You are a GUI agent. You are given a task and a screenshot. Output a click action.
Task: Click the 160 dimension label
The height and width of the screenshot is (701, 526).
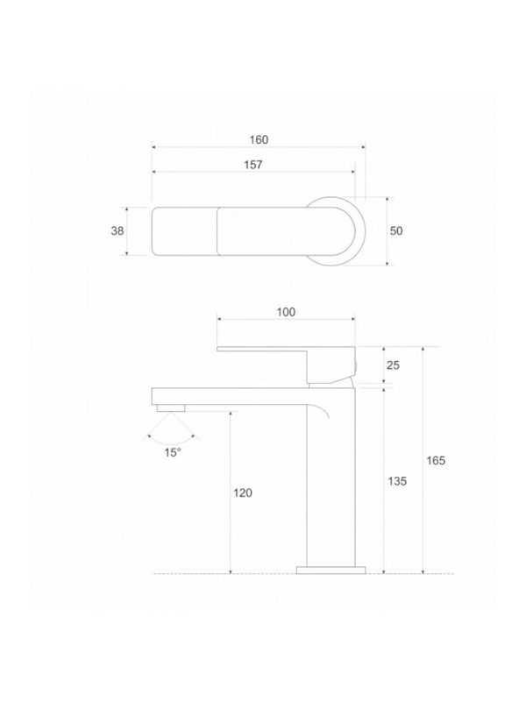click(259, 138)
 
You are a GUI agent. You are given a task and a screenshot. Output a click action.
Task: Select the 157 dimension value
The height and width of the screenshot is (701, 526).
click(253, 164)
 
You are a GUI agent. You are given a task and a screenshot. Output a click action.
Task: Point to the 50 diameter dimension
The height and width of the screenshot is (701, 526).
click(396, 230)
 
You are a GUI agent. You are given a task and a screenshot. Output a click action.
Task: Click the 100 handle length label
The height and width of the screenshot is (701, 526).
click(286, 312)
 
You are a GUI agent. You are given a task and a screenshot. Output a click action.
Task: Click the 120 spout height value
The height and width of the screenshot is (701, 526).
click(243, 493)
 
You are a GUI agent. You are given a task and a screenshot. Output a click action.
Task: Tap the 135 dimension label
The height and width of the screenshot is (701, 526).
click(397, 481)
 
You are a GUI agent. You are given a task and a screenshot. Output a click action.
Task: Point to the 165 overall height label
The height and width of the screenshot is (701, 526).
click(436, 461)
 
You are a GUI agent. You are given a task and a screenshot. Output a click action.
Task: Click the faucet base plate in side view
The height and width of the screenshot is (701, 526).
click(329, 570)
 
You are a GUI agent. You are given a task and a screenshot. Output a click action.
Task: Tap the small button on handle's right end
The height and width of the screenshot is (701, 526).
click(356, 365)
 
